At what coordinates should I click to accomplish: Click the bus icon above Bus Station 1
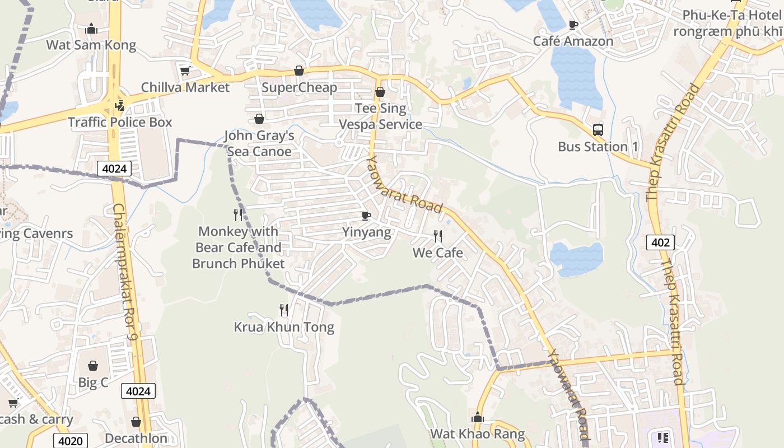coord(598,130)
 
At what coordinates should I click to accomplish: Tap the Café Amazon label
coord(573,41)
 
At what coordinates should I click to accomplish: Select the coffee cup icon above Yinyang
coord(366,216)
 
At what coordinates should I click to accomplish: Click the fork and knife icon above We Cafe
coord(438,236)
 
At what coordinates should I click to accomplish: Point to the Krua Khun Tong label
coord(284,327)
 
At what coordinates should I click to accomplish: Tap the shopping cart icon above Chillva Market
coord(185,71)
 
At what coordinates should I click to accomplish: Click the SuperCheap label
coord(299,87)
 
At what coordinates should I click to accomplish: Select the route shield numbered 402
coord(660,242)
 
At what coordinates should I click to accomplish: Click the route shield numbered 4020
coord(71,441)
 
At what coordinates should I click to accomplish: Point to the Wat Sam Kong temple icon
coord(91,29)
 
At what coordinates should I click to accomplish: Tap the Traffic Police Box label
coord(120,122)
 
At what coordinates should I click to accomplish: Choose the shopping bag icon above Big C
coord(93,366)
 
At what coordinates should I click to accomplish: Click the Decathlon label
coord(136,438)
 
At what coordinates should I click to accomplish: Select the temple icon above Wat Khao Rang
coord(477,417)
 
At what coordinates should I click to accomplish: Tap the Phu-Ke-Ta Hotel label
coord(727,22)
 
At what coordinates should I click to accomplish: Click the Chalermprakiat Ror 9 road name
coord(125,272)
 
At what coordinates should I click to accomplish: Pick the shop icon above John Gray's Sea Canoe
coord(259,119)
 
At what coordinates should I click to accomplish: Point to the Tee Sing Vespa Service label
coord(381,116)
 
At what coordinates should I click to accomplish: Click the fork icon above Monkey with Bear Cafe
coord(239,214)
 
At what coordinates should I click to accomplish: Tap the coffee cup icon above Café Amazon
coord(573,25)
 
